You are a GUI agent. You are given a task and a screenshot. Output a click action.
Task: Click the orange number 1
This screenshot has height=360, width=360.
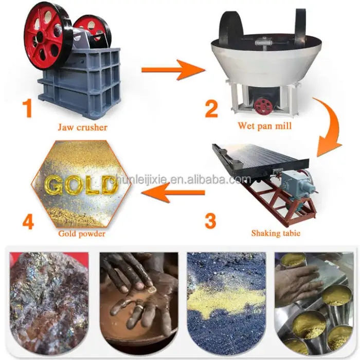coord(28,108)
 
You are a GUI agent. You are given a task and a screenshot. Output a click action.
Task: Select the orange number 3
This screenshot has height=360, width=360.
coord(210,221)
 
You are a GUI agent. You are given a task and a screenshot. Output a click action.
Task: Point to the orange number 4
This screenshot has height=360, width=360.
coord(28,221)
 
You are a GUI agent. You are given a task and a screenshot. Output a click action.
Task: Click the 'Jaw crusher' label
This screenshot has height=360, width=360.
coord(82,128)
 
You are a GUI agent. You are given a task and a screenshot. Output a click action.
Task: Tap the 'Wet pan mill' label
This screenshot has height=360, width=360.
coord(265,126)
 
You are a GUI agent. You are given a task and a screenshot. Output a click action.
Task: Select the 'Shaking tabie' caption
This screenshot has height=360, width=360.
coord(276,233)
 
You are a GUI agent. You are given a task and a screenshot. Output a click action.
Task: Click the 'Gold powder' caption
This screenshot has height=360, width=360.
coord(81,233)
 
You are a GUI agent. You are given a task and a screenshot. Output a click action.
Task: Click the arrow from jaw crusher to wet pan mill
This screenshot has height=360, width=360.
coord(173,70)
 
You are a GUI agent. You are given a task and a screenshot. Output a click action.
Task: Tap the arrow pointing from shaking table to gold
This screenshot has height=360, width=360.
coord(173,192)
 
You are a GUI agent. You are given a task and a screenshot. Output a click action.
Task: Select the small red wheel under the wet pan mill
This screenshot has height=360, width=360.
coord(263,107)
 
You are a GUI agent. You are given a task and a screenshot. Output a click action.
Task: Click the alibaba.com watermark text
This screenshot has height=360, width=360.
coord(180,179)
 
